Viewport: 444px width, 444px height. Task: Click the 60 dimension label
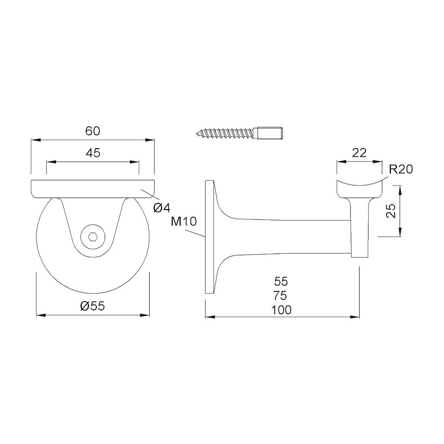coord(93,131)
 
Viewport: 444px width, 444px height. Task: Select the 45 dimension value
coord(93,153)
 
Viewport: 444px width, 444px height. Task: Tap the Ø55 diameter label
coord(93,306)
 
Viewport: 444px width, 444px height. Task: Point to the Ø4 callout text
coord(162,208)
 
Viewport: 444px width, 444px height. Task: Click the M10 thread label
coord(184,222)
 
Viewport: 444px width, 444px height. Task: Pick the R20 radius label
coord(400,170)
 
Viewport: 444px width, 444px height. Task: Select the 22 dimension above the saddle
coord(359,153)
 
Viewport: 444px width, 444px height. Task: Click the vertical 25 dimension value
coord(391,210)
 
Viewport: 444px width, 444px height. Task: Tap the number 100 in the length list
coord(281,310)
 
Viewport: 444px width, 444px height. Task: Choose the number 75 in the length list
coord(281,296)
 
